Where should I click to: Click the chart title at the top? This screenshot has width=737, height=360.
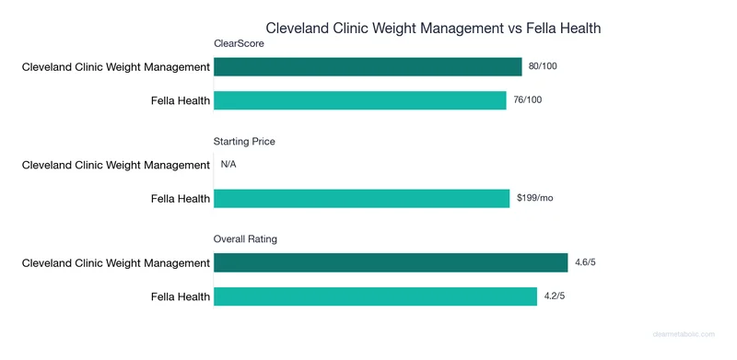click(x=433, y=29)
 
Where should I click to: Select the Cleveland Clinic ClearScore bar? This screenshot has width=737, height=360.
click(x=368, y=66)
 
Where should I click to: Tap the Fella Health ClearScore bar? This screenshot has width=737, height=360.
click(x=359, y=100)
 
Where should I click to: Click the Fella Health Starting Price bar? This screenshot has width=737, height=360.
click(x=361, y=198)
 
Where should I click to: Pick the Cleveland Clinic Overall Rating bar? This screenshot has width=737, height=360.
click(x=391, y=263)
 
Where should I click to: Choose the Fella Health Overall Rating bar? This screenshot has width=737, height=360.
click(x=375, y=296)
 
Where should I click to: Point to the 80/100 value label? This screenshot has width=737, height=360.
click(x=544, y=66)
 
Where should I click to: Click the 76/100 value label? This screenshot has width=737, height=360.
click(x=528, y=100)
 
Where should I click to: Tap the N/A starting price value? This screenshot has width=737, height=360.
click(x=228, y=165)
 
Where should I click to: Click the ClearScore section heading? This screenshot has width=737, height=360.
click(x=240, y=43)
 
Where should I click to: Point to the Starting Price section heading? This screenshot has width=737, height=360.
click(x=244, y=142)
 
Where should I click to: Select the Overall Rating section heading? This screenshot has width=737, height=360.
click(x=245, y=239)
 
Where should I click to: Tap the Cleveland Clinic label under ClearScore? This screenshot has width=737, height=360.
click(x=116, y=66)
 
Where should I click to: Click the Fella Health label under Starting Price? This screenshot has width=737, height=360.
click(x=181, y=198)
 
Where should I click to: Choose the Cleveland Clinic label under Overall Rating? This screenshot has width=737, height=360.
click(x=116, y=263)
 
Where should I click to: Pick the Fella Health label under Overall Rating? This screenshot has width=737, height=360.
click(x=181, y=296)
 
